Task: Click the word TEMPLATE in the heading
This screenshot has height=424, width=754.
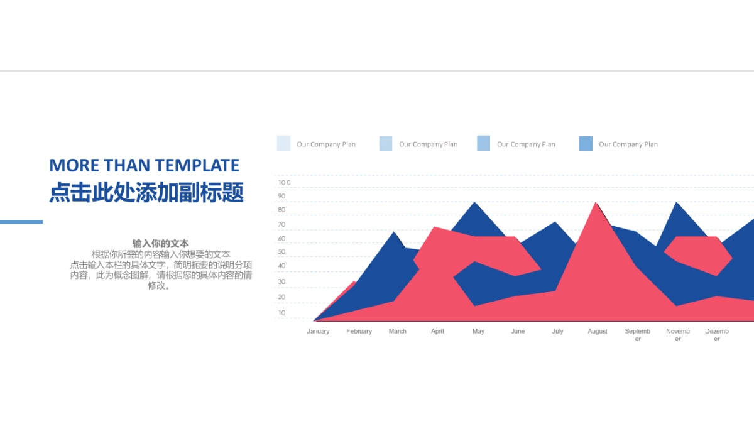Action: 197,165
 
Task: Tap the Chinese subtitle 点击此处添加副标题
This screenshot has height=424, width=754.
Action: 146,192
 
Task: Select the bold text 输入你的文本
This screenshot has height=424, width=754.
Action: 160,243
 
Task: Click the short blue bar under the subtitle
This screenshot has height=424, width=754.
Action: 21,222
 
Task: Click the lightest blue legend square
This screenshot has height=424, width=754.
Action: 283,143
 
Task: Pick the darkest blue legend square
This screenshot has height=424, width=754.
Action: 586,143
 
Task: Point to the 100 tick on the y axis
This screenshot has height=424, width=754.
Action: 284,183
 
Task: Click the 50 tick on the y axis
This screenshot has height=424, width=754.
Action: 281,252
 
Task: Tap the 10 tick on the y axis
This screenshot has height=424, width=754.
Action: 281,313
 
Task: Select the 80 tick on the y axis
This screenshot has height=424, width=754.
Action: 281,210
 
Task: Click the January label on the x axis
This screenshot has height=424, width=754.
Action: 318,331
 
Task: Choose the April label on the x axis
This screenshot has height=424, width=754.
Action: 437,331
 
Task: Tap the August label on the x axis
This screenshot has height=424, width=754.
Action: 598,331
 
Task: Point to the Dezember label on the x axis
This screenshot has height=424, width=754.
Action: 717,335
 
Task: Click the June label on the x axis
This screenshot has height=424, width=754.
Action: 518,331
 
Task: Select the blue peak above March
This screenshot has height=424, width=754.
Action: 394,232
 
